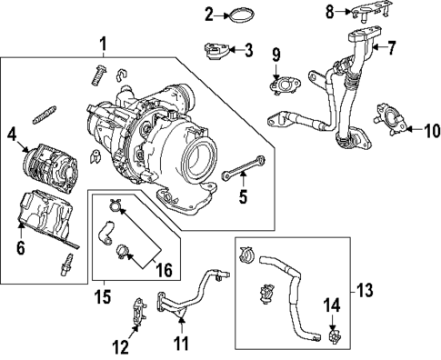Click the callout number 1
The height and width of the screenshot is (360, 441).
tap(103, 43)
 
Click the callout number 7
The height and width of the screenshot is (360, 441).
tap(392, 47)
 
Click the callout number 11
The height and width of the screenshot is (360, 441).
tap(181, 343)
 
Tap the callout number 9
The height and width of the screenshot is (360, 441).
tap(275, 60)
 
